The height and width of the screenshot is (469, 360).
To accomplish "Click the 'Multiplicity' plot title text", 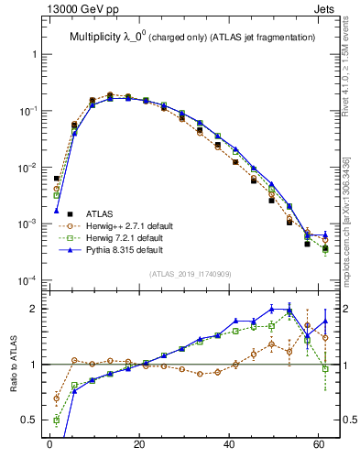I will point(97,37).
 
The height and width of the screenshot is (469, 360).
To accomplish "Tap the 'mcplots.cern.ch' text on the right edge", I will point(346,244).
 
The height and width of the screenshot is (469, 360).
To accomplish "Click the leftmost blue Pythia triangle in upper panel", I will point(57,211).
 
